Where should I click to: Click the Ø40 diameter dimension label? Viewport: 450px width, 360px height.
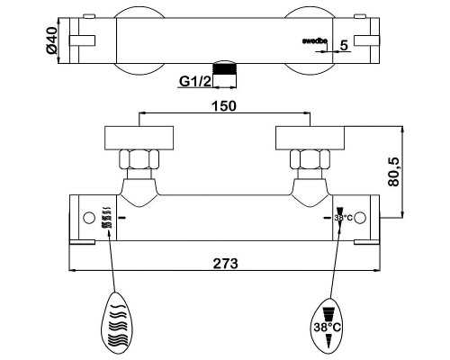(52, 40)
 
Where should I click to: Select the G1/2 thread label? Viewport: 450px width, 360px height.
(195, 81)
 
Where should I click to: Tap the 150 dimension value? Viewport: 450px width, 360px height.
(224, 106)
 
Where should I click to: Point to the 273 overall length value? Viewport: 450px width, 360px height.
(225, 264)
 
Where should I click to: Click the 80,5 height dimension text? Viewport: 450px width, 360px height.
(393, 172)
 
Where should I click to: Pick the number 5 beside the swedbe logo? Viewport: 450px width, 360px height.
(344, 45)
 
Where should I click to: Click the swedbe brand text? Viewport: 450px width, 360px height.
(314, 41)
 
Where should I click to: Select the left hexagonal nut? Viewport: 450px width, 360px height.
(139, 159)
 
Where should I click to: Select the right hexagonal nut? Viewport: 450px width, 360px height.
(310, 159)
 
